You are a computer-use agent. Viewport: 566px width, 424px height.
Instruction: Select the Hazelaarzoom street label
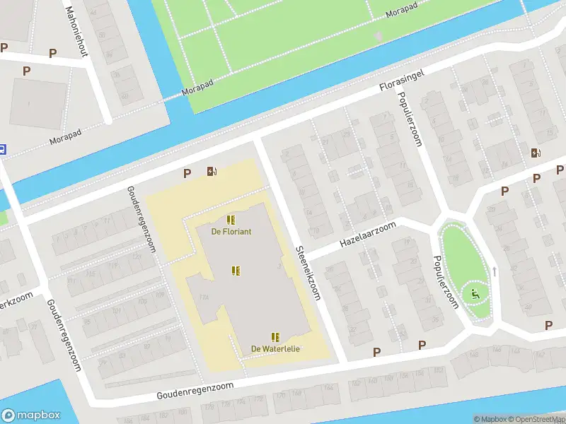point(367,233)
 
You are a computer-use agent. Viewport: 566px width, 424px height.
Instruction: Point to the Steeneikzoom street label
point(308,273)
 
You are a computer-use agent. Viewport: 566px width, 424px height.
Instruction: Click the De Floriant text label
point(231,232)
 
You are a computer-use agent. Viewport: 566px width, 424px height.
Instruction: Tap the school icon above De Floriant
point(231,220)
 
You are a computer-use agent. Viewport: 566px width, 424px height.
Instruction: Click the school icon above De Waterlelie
point(275,337)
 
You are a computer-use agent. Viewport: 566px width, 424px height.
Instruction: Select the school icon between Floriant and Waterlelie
point(236,271)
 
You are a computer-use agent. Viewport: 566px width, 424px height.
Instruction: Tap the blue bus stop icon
point(2,149)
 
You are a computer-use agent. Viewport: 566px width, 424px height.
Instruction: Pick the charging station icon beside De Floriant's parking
point(212,171)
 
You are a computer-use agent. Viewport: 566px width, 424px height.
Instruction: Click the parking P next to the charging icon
point(187,173)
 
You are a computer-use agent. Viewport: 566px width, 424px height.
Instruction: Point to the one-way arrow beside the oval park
point(495,271)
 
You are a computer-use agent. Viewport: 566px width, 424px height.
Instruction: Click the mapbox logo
point(31,416)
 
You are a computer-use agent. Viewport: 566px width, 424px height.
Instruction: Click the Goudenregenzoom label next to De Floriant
point(141,220)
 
